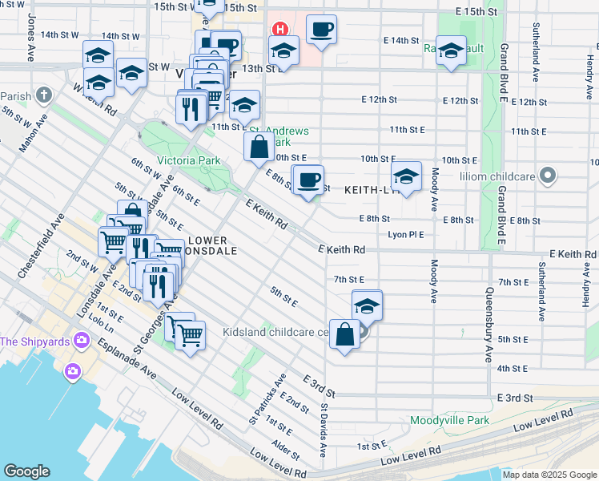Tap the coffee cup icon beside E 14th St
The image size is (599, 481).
click(321, 30)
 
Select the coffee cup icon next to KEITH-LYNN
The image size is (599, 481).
click(308, 180)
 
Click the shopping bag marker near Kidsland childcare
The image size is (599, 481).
click(345, 335)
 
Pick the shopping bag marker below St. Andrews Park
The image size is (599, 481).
click(259, 147)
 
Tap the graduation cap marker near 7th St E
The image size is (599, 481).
click(367, 306)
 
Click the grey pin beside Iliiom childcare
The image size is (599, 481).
click(548, 174)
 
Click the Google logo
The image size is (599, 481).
click(26, 471)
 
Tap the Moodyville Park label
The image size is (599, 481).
click(449, 420)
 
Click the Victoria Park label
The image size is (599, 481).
click(188, 160)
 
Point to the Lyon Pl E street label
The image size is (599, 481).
click(405, 234)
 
